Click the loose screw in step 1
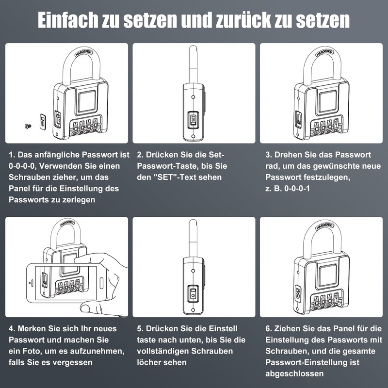tap(27, 126)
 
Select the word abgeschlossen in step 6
tap(294, 373)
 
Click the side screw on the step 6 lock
tap(298, 294)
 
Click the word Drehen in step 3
tap(288, 155)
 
